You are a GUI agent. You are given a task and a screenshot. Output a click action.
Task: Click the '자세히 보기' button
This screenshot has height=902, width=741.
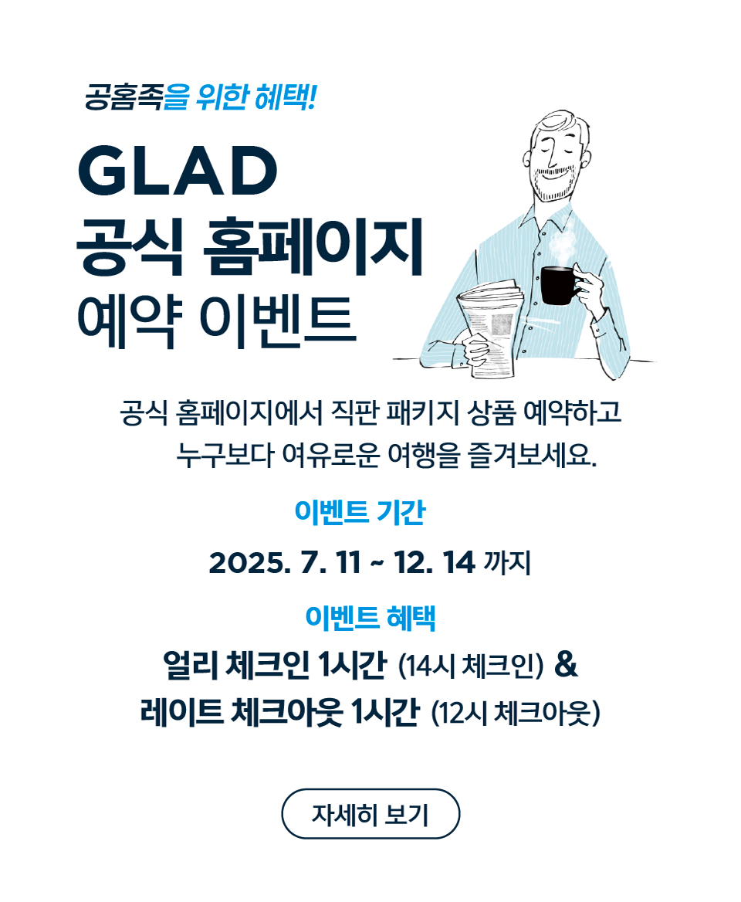pos(370,813)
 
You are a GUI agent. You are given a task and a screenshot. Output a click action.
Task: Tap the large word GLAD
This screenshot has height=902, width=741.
pos(178,170)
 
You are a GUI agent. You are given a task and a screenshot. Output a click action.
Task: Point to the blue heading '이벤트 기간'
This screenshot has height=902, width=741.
pos(360,511)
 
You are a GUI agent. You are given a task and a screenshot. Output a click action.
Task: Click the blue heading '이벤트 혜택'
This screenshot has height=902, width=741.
pos(370,617)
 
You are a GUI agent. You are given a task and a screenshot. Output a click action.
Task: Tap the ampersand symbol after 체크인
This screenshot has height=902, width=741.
pos(567,664)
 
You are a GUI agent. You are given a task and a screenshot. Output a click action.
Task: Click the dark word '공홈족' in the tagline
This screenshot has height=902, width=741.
pos(123,97)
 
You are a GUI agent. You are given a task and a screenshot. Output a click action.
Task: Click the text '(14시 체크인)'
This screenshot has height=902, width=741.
pos(471,666)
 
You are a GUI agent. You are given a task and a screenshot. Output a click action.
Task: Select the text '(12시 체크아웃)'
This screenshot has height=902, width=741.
pos(516,714)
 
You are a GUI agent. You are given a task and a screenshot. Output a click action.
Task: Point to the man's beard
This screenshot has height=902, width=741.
pos(553,182)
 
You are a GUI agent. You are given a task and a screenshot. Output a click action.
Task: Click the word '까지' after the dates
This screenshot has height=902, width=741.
pos(507,563)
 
